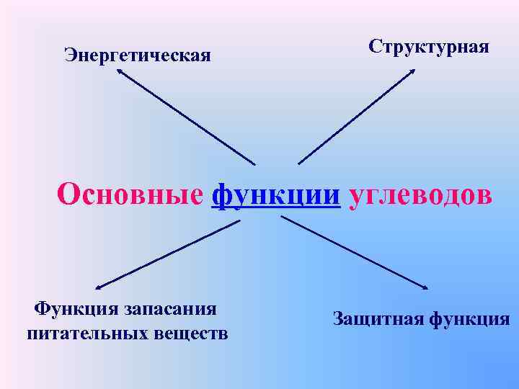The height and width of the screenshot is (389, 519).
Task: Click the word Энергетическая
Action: click(x=138, y=55)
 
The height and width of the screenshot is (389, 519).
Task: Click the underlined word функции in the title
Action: click(x=276, y=194)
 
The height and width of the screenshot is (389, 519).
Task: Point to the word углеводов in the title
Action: click(x=421, y=194)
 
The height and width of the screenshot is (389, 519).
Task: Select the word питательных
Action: click(x=87, y=333)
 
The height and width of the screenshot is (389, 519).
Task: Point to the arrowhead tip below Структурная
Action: click(x=414, y=70)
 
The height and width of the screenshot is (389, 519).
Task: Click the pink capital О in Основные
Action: click(x=68, y=193)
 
